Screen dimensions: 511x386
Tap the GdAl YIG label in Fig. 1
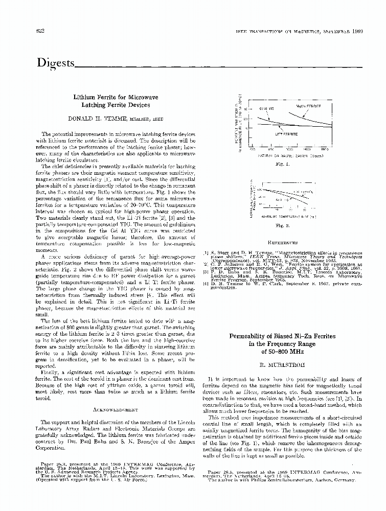(x=267, y=109)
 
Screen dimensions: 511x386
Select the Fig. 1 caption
(x=282, y=165)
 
